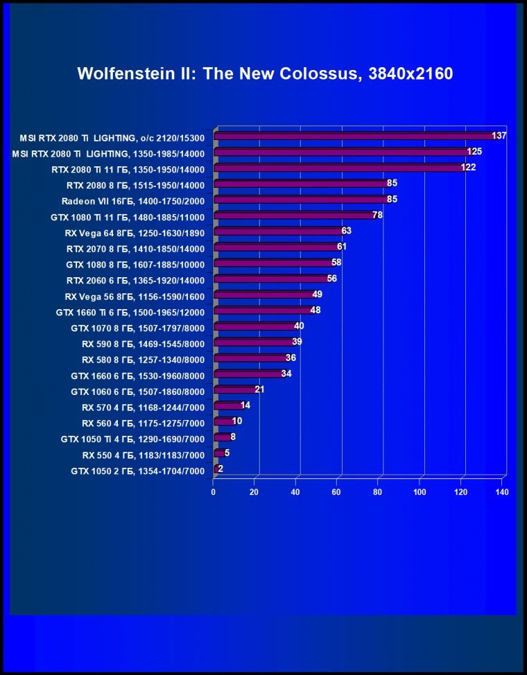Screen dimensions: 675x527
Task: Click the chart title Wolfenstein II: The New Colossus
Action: click(x=265, y=73)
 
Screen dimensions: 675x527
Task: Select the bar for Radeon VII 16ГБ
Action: click(x=302, y=200)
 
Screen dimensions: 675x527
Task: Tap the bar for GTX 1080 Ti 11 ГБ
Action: click(x=295, y=216)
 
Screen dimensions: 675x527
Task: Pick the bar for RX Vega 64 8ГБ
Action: click(x=279, y=231)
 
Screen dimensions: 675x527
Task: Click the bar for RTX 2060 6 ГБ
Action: click(x=272, y=279)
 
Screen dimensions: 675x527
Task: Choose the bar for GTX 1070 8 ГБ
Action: click(x=255, y=326)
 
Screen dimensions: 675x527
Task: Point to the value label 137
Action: click(x=499, y=136)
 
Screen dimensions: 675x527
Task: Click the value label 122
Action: click(x=468, y=167)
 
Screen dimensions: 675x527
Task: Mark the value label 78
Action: click(x=378, y=215)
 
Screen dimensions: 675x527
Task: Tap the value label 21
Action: click(x=259, y=389)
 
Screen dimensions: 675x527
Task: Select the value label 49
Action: click(x=317, y=295)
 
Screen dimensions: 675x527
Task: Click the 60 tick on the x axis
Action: click(x=337, y=492)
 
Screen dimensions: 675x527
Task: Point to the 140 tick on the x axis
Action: click(x=502, y=492)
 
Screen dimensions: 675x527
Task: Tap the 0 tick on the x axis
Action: click(x=214, y=492)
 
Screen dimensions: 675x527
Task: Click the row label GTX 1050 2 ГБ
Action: click(x=137, y=471)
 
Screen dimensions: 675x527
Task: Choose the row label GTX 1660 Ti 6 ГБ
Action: click(x=130, y=312)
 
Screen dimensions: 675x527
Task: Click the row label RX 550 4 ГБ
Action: click(x=143, y=455)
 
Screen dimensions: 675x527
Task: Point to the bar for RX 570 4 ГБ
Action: click(x=227, y=406)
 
